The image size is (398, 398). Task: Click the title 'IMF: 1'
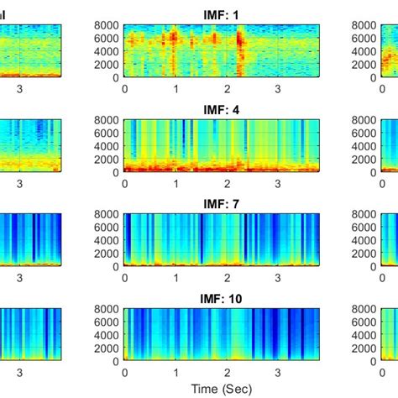[x=222, y=14]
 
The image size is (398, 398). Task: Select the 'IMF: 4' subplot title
[x=222, y=109]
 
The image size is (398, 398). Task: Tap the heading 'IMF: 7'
[x=222, y=204]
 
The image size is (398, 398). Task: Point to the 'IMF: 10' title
[x=222, y=298]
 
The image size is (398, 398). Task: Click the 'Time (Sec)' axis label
[x=222, y=390]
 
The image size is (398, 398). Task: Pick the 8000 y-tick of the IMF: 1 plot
[x=107, y=26]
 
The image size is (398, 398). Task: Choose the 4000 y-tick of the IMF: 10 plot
[x=107, y=335]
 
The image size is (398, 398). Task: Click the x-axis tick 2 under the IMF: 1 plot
[x=227, y=88]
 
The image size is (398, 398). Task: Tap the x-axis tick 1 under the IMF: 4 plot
[x=175, y=183]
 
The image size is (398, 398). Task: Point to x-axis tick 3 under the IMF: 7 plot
[x=278, y=278]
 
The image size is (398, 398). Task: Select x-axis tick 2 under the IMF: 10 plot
[x=227, y=372]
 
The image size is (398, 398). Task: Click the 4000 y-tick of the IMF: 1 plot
[x=107, y=51]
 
